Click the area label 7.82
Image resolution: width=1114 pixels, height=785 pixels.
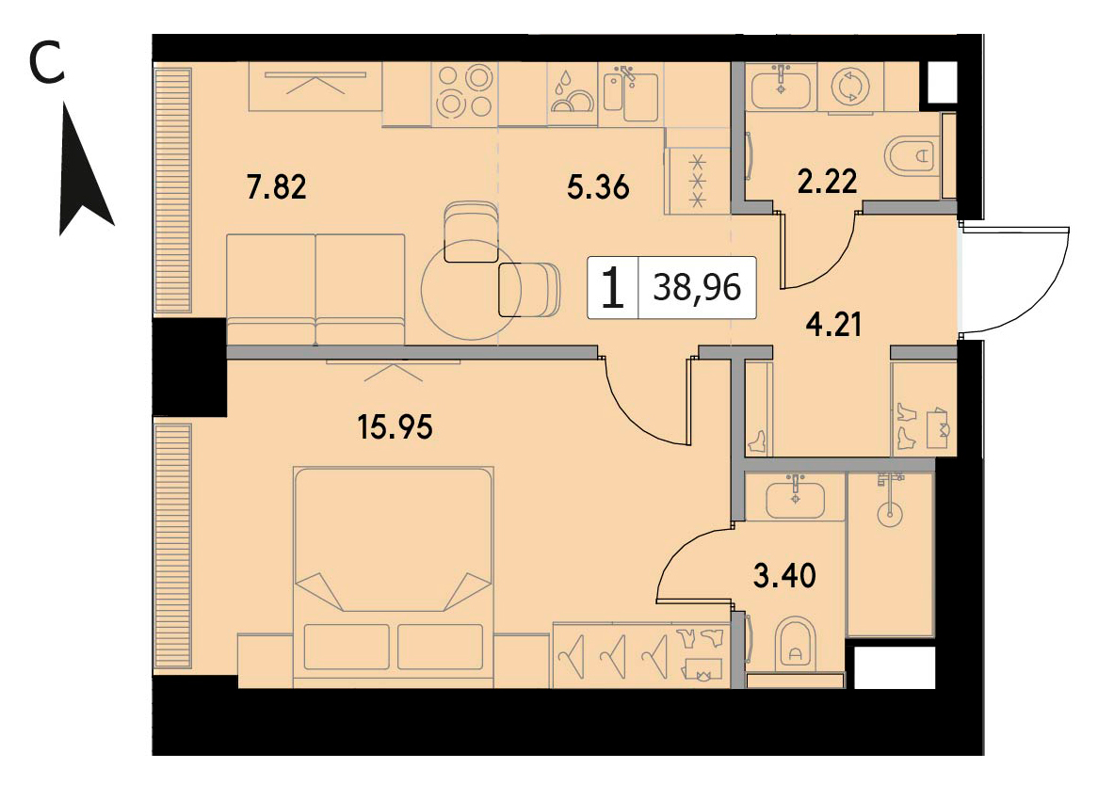coord(276,186)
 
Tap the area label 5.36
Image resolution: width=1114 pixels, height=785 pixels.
coord(598,187)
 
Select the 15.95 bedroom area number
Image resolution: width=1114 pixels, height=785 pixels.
coord(395,427)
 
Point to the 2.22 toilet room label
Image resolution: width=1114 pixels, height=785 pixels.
coord(827,181)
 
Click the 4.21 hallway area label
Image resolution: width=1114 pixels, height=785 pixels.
coord(833,325)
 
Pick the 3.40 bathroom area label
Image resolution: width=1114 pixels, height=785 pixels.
coord(784,575)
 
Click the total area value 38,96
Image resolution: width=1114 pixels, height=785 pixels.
coord(697,288)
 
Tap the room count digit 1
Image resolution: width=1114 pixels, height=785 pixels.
coord(612,288)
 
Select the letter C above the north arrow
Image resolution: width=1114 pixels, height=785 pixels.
coord(47,63)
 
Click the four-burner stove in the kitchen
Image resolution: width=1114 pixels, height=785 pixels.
coord(464,92)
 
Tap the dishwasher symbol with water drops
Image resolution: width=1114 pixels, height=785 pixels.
coord(572,92)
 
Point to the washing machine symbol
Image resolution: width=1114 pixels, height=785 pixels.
coord(849,88)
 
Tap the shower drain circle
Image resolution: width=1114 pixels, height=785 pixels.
coord(890,514)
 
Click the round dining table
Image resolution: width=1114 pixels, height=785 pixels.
coord(469,291)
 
